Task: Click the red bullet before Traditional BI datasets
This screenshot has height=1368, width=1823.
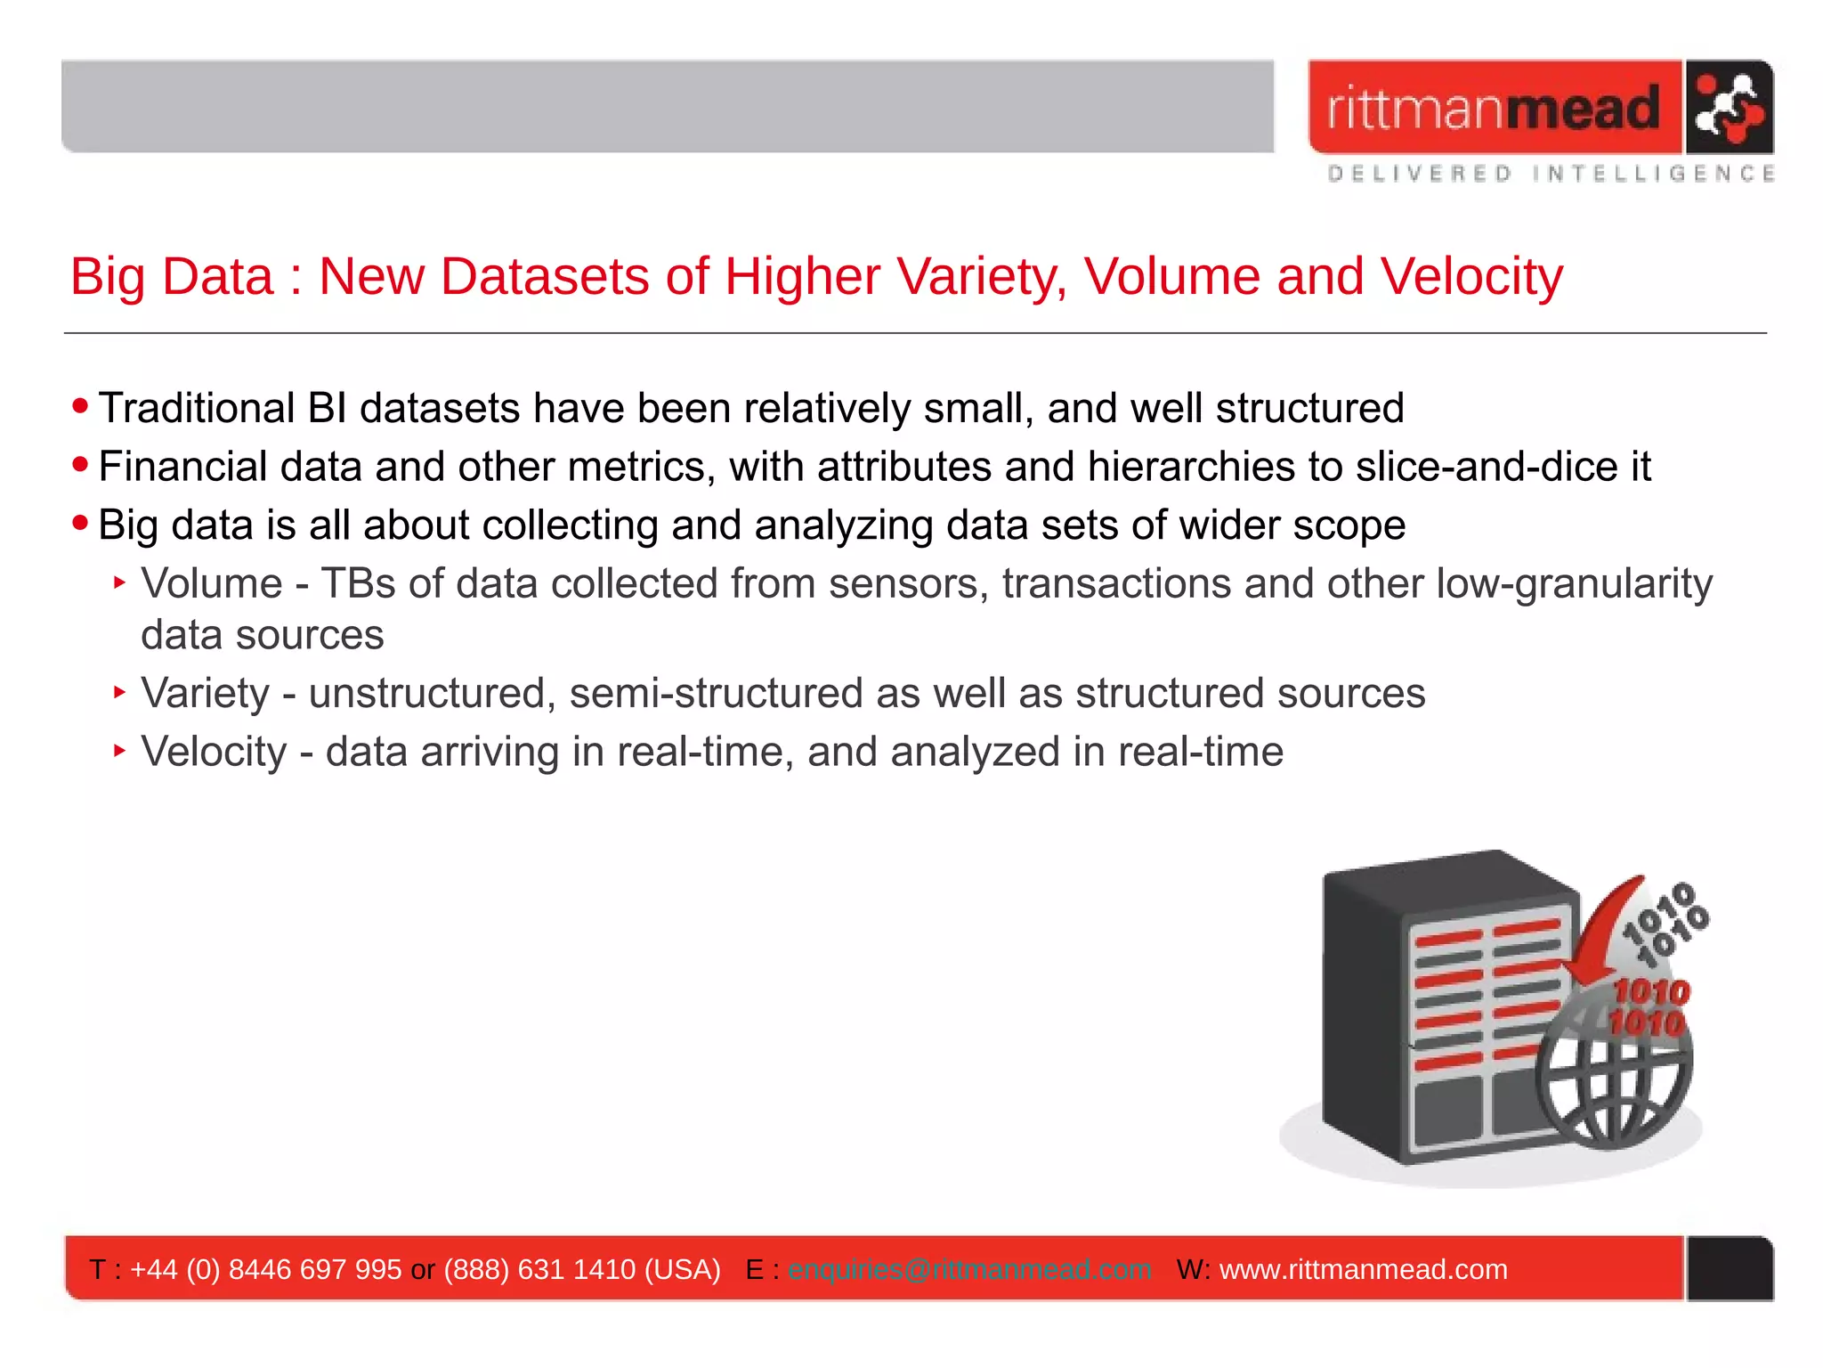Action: tap(80, 407)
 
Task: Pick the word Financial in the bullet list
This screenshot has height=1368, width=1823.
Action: tap(182, 467)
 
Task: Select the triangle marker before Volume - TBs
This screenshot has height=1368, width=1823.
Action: tap(119, 583)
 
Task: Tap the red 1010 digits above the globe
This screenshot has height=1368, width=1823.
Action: tap(1649, 1006)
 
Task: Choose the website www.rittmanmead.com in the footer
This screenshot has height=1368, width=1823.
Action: tap(1363, 1269)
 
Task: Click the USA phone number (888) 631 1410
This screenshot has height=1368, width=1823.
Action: tap(539, 1269)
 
